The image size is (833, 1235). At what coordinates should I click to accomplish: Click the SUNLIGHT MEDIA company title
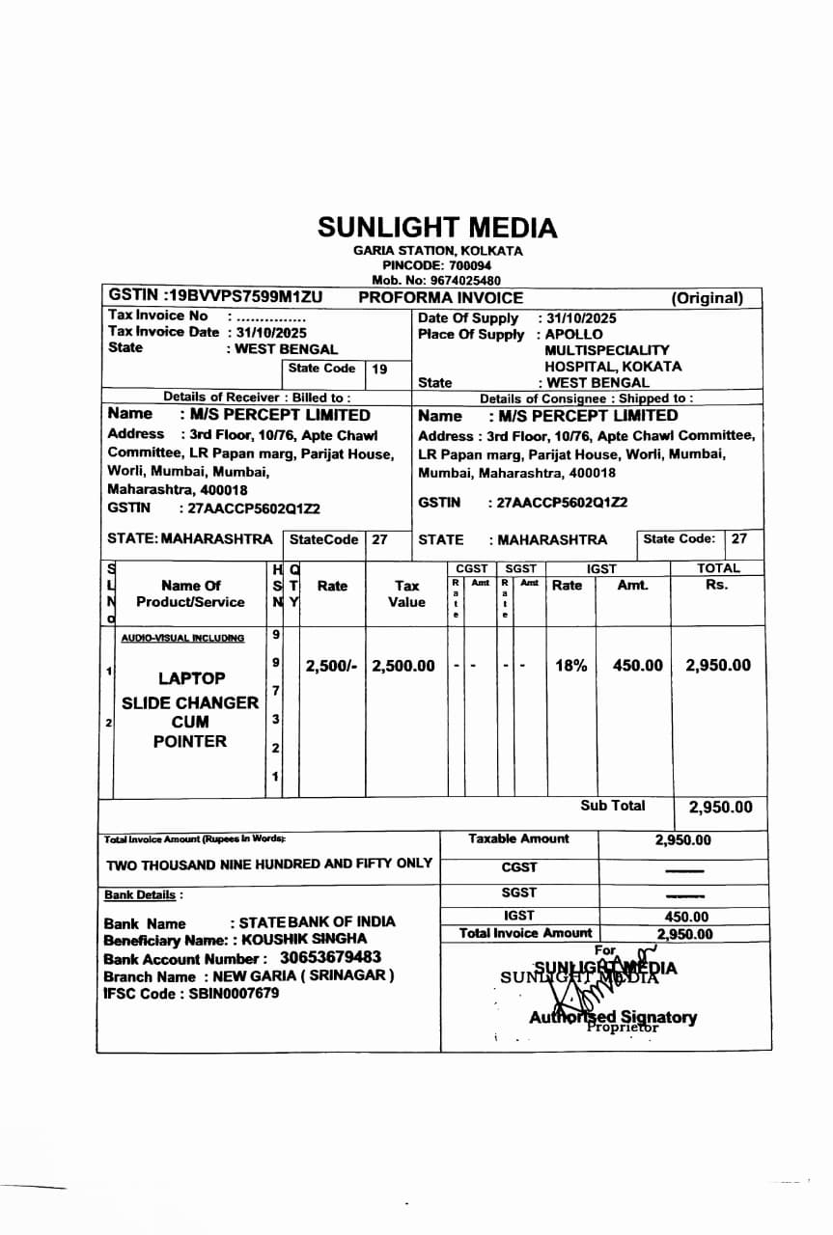point(437,228)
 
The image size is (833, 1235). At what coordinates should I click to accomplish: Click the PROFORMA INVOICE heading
point(440,298)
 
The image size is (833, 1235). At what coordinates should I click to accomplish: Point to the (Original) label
point(708,298)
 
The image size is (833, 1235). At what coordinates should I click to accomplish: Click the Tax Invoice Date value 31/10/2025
point(272,332)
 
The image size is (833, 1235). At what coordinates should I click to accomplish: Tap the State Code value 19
point(379,369)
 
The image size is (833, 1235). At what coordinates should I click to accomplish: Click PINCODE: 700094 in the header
point(437,265)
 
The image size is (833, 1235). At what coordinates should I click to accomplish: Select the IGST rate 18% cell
point(570,666)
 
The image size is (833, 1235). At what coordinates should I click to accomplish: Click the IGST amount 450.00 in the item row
point(638,666)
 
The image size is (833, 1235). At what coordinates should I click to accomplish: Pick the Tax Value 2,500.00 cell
point(403,666)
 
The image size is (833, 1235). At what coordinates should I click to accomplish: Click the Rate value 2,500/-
point(331,666)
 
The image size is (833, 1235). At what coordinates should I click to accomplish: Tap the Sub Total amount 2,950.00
point(720,808)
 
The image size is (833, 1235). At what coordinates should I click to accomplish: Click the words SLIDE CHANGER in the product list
point(190,702)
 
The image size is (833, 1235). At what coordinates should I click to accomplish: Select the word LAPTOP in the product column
point(191,678)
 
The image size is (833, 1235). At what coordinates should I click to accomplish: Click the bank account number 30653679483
point(330,958)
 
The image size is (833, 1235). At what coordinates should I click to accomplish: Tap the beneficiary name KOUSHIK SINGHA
point(304,939)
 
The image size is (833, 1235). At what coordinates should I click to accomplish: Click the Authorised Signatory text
point(613,1017)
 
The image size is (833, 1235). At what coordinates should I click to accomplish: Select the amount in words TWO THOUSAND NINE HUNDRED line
point(268,864)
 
